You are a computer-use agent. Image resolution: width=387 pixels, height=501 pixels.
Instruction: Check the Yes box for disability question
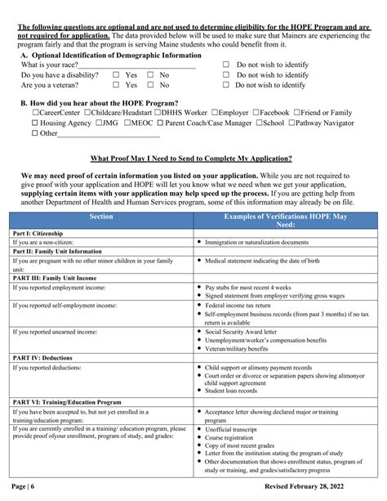pyautogui.click(x=116, y=74)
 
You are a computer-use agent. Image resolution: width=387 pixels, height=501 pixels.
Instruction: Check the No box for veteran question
pyautogui.click(x=150, y=85)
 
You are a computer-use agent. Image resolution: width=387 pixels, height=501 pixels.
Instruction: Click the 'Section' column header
pyautogui.click(x=100, y=217)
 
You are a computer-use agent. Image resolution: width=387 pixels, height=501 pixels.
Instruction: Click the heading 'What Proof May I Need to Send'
pyautogui.click(x=193, y=157)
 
